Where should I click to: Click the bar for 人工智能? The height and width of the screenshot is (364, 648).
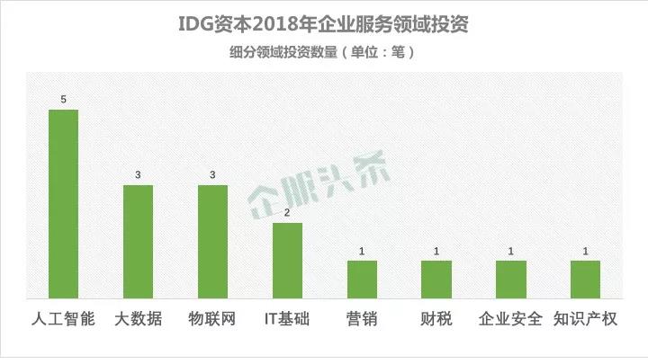[x=63, y=203]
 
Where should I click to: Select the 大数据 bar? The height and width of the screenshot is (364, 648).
[x=138, y=241]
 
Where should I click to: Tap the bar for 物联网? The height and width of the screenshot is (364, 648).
[x=212, y=241]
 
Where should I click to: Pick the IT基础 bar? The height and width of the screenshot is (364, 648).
[x=287, y=260]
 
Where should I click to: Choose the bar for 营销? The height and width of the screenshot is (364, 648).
[x=362, y=279]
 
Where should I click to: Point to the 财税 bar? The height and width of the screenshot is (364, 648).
[x=436, y=279]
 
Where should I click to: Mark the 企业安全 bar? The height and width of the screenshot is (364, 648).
[x=511, y=279]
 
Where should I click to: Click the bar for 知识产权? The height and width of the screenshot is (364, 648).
[x=585, y=279]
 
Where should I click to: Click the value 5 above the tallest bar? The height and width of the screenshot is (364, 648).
[x=63, y=99]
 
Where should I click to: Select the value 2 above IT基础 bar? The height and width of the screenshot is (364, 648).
[x=287, y=212]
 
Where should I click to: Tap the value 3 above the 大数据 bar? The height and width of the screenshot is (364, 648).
[x=138, y=174]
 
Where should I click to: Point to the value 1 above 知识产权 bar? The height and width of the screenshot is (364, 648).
[x=585, y=251]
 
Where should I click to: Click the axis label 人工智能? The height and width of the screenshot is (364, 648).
[x=63, y=319]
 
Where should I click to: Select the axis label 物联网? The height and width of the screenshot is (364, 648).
[x=212, y=319]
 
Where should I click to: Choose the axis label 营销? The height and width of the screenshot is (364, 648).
[x=362, y=319]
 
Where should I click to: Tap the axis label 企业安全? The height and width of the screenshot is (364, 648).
[x=511, y=319]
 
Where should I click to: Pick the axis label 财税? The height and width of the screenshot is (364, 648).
[x=436, y=319]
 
